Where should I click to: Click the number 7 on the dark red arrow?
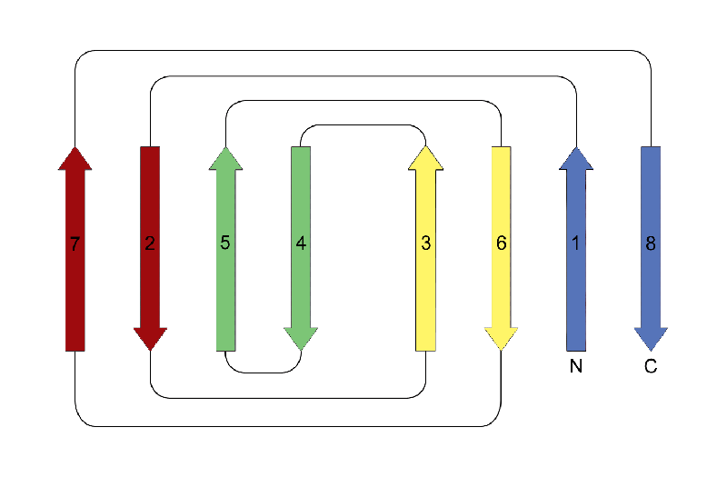(x=75, y=243)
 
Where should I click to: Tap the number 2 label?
(x=150, y=243)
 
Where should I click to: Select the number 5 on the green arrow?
(x=225, y=243)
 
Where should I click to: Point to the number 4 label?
(x=301, y=243)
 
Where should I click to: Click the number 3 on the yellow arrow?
(x=425, y=243)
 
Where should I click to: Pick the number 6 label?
(x=501, y=243)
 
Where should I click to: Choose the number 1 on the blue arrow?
(x=575, y=243)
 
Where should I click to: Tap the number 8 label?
(x=650, y=243)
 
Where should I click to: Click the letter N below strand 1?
(x=575, y=368)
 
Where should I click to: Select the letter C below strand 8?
(x=650, y=368)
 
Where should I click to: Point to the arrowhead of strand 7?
(x=75, y=159)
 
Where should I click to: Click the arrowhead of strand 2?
(x=150, y=338)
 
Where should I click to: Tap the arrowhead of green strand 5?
(x=225, y=159)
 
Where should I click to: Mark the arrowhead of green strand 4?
(x=301, y=338)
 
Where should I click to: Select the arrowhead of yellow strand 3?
(x=425, y=159)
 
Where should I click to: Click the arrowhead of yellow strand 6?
(x=501, y=338)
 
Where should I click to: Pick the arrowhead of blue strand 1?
(x=575, y=159)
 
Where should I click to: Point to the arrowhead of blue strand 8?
(x=650, y=338)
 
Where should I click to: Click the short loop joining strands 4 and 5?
(x=264, y=373)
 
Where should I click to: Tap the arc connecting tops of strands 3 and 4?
(x=363, y=124)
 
